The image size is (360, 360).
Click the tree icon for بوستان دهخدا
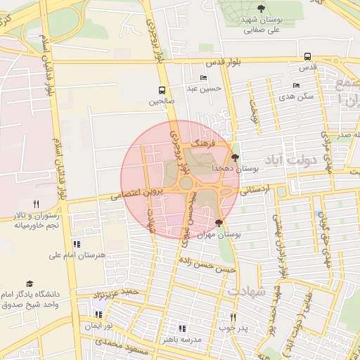pyautogui.click(x=234, y=157)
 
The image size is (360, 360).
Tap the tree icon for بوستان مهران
pyautogui.click(x=219, y=223)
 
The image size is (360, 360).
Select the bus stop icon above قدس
pyautogui.click(x=307, y=57)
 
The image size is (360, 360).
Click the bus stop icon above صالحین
pyautogui.click(x=162, y=90)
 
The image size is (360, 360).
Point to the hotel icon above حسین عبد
pyautogui.click(x=204, y=77)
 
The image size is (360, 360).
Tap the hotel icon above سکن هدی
pyautogui.click(x=296, y=85)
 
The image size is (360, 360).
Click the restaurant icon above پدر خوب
pyautogui.click(x=233, y=317)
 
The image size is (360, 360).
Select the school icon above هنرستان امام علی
pyautogui.click(x=77, y=244)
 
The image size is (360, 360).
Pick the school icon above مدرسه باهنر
pyautogui.click(x=182, y=328)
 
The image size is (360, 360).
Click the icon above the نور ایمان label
pyautogui.click(x=98, y=314)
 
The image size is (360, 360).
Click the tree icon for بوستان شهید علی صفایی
pyautogui.click(x=261, y=8)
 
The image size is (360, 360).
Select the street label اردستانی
pyautogui.click(x=255, y=189)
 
